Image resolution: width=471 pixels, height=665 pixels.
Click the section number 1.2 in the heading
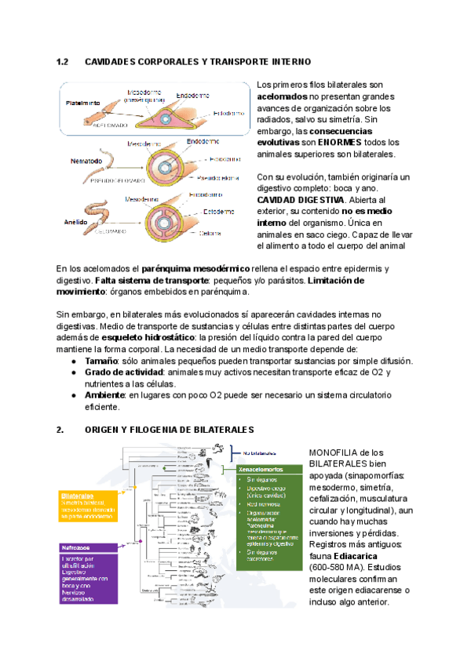[x=64, y=61]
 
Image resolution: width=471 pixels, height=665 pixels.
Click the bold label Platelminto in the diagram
[x=82, y=102]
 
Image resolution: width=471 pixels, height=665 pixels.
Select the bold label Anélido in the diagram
[x=75, y=223]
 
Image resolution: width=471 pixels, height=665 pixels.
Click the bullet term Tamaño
[x=102, y=361]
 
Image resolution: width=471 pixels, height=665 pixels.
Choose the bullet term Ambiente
[x=105, y=396]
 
